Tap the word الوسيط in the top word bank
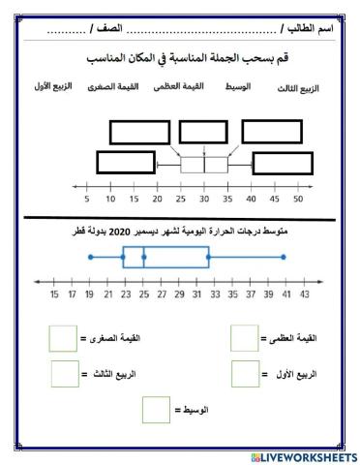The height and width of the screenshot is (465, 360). coord(237,87)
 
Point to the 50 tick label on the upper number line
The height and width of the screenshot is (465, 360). coord(297,200)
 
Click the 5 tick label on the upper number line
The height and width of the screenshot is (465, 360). coord(87,200)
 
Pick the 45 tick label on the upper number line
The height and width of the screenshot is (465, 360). coord(274,200)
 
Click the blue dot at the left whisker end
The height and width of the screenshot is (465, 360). coord(90,257)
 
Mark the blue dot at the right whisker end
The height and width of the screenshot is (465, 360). coord(284,257)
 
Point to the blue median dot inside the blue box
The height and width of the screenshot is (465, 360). coord(143,257)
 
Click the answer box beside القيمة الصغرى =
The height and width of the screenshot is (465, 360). coord(62,338)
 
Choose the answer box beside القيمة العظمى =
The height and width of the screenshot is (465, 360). coord(244,338)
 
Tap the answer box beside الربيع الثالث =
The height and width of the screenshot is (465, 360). coord(64,373)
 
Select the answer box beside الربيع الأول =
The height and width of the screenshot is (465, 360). coord(245,373)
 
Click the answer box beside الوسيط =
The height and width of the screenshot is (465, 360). coord(156,409)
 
